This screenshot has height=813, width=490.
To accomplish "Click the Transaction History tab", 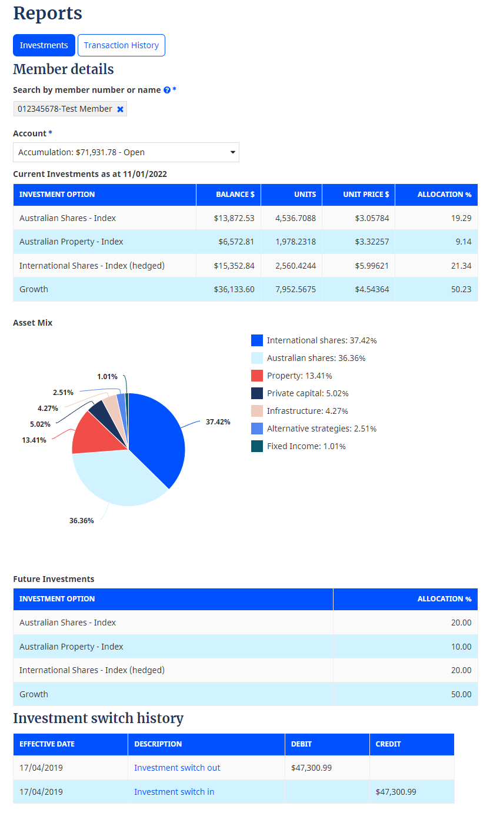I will (x=121, y=45).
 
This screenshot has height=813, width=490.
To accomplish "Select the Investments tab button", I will (x=44, y=45).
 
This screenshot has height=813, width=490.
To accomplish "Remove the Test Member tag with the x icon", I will (x=120, y=109).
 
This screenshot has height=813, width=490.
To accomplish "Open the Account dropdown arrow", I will (x=233, y=152).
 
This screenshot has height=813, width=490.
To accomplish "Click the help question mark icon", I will (x=167, y=90).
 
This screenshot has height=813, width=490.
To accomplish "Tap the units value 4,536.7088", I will (x=295, y=218).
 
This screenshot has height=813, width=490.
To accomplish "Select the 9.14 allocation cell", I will (x=461, y=242).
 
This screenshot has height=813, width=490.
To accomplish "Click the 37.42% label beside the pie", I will (x=218, y=422).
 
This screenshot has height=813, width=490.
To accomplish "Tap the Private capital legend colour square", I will (x=257, y=393).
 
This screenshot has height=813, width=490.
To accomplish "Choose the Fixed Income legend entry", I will (x=306, y=446).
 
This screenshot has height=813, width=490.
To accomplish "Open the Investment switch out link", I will (x=177, y=768).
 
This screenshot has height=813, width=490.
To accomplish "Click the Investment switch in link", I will (x=174, y=792).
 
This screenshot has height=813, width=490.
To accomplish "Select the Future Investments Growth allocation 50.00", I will (x=461, y=694).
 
